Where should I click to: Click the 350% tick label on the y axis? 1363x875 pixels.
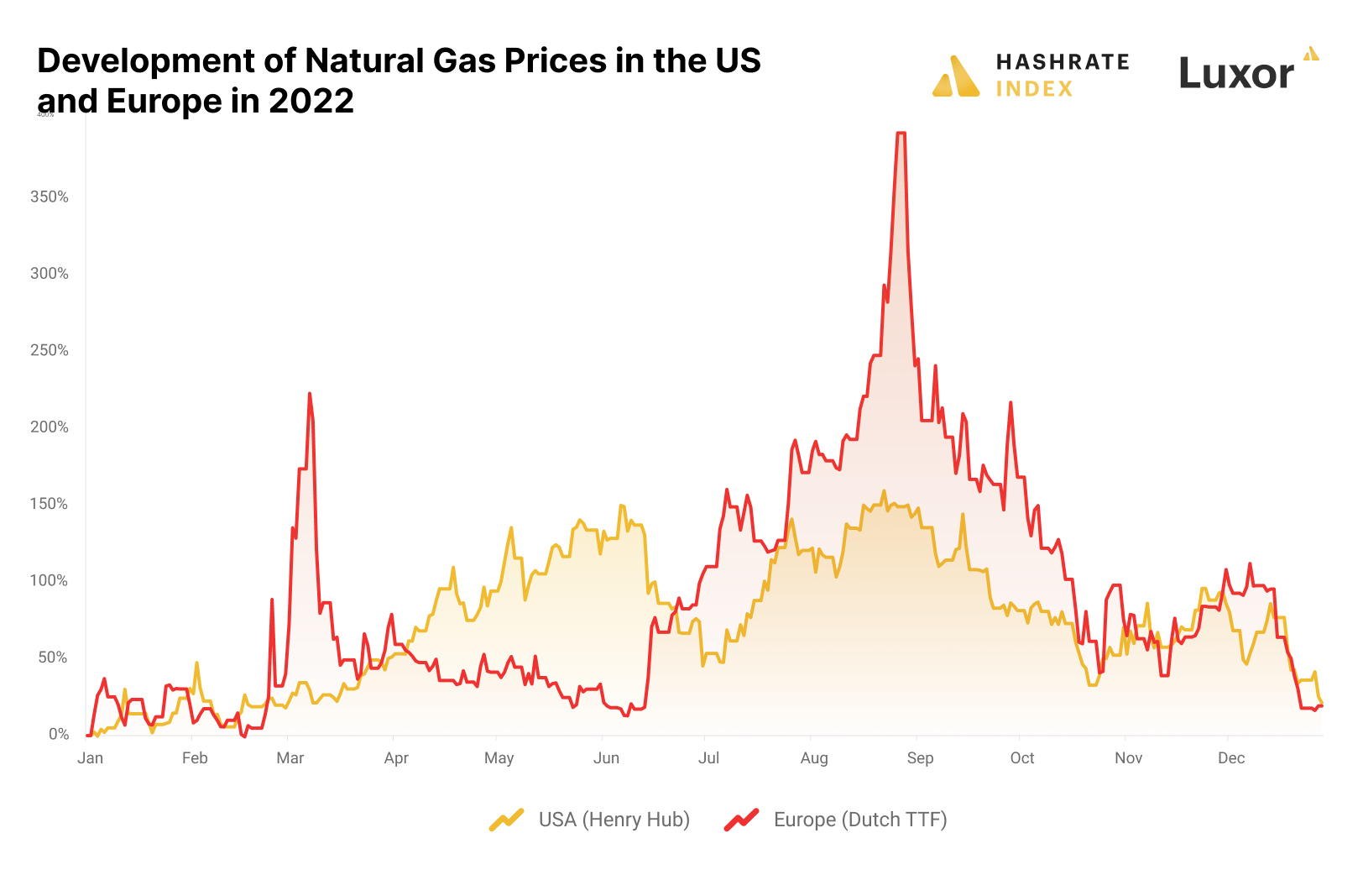pos(50,196)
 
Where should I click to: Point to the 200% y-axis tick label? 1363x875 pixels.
pos(50,427)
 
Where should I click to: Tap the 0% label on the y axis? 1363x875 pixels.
pos(59,734)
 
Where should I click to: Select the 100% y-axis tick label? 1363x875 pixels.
pos(50,580)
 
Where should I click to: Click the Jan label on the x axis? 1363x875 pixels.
pos(90,758)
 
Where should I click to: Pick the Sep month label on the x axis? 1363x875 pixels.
pos(920,758)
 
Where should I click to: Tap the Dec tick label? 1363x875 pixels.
pos(1231,758)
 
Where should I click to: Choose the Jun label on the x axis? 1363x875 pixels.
pos(606,758)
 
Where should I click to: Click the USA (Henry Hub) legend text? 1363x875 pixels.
pos(614,820)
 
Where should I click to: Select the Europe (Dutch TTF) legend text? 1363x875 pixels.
pos(860,820)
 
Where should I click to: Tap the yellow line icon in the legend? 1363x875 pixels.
pos(506,820)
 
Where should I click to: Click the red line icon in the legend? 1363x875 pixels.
pos(741,820)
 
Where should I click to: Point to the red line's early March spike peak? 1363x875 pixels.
pos(310,393)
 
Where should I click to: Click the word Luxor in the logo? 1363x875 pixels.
pos(1236,74)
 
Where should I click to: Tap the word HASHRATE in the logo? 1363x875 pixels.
pos(1063,62)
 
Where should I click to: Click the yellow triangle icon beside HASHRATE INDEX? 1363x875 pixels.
pos(956,76)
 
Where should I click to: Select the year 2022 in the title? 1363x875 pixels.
pos(311,102)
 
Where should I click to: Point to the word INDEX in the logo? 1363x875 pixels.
pos(1034,89)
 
